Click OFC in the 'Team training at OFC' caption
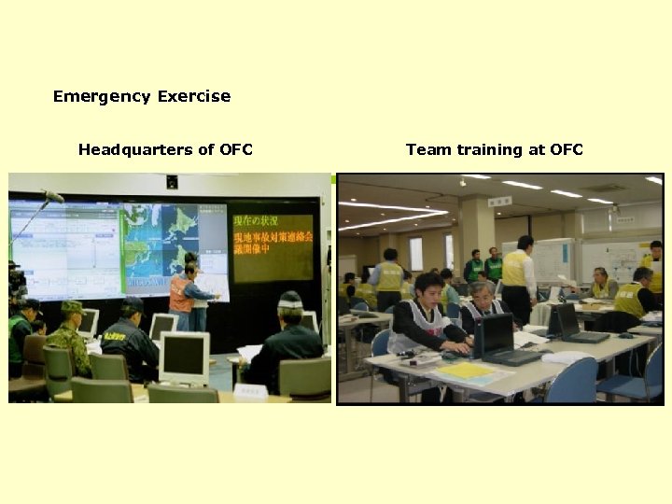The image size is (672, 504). click(x=566, y=149)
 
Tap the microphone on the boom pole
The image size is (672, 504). click(x=52, y=196)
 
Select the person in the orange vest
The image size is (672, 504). click(x=181, y=293)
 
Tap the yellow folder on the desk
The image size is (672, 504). click(x=466, y=371)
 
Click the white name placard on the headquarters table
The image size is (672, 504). click(x=250, y=391)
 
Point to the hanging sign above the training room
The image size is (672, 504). click(x=499, y=201)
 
